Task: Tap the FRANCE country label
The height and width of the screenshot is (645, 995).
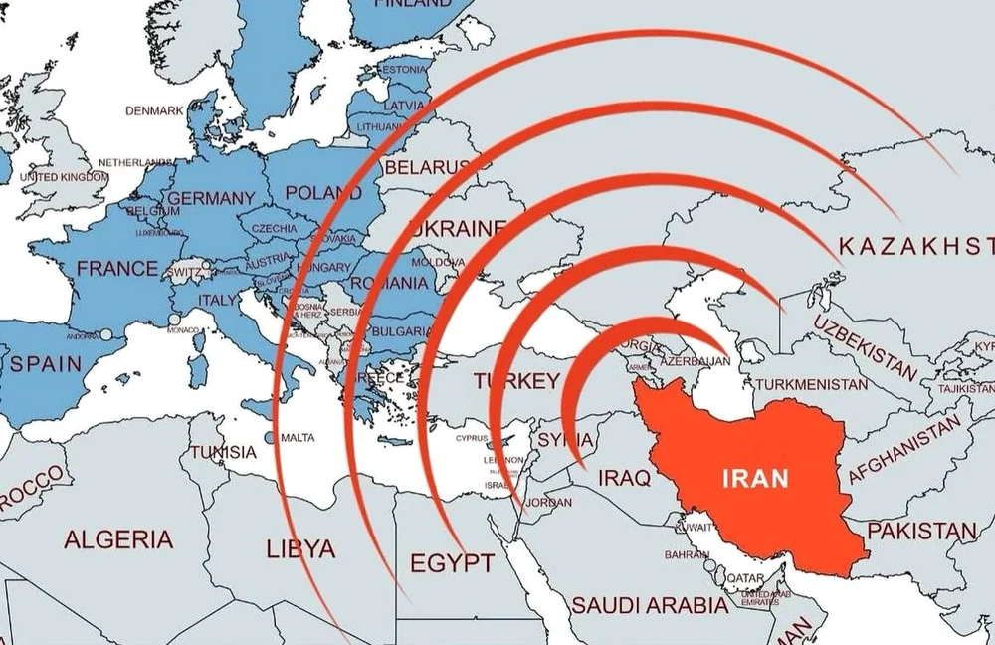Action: coord(117,268)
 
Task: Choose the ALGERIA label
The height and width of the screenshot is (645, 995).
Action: coord(118,540)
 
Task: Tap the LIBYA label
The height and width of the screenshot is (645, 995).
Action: coord(301,548)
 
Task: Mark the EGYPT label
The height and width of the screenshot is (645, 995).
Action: coord(452,564)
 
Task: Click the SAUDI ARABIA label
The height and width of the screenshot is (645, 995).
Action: coord(649,604)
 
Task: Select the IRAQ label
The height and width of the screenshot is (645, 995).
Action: coord(625,479)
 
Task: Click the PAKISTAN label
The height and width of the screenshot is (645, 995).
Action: coord(921,531)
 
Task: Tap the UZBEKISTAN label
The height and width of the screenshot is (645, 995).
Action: coord(865,348)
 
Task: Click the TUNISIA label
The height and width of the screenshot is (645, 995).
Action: coord(223,453)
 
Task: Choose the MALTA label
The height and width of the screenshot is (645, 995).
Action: coord(298,438)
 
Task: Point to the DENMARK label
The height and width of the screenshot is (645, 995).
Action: coord(154,110)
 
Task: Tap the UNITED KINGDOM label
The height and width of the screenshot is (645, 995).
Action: coord(65,176)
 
